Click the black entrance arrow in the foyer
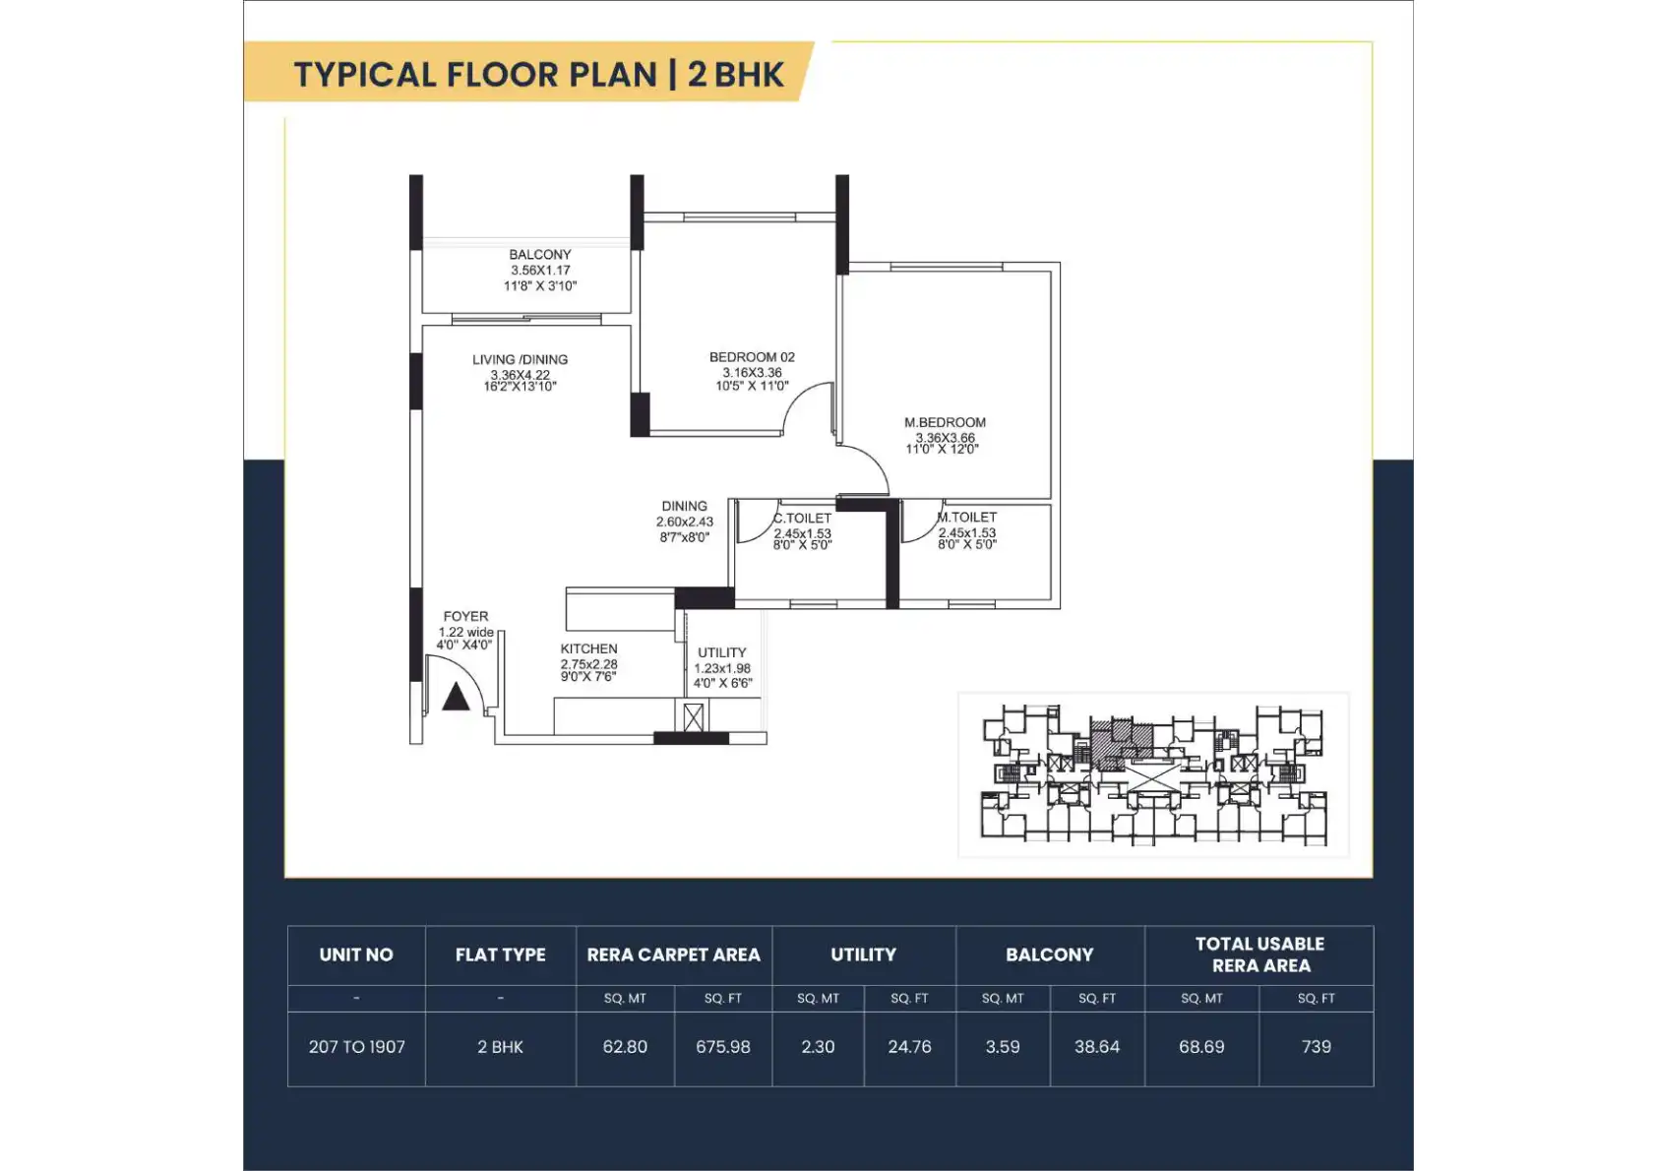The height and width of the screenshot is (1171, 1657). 456,697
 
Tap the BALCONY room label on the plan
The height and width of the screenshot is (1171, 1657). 540,255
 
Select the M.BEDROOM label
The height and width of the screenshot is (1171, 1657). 945,422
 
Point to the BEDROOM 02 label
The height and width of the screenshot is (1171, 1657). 753,357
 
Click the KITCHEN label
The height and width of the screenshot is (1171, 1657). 588,648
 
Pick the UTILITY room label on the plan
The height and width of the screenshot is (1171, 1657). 722,652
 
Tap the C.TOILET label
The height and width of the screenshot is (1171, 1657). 803,519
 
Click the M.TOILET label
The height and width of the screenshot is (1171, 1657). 967,517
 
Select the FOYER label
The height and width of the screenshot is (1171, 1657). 466,616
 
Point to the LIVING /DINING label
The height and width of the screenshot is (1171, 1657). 521,359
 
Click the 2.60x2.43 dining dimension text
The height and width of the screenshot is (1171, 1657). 684,522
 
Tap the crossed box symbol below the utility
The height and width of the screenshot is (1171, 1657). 693,717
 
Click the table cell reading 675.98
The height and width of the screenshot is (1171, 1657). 722,1047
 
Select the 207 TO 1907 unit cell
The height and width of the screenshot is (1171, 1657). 356,1047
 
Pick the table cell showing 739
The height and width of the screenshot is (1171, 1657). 1316,1047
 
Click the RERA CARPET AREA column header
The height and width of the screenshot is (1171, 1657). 673,955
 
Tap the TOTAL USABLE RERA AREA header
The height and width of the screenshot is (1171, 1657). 1259,955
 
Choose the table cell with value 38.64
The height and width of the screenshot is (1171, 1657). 1097,1047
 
